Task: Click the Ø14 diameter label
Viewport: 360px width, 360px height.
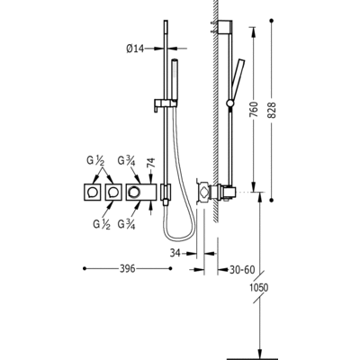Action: pos(135,49)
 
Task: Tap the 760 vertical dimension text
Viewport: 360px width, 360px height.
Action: pos(254,110)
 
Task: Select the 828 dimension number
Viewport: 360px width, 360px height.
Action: pos(271,110)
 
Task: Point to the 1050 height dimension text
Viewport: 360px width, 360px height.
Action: pos(259,288)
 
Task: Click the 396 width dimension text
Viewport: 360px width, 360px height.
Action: pos(128,269)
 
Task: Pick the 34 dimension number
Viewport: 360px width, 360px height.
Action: pos(175,253)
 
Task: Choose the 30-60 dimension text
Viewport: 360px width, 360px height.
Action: pos(242,270)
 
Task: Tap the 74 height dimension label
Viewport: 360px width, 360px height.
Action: pos(152,163)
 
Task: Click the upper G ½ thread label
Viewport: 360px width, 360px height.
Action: pos(95,162)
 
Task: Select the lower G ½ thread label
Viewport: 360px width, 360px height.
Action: pos(102,225)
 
